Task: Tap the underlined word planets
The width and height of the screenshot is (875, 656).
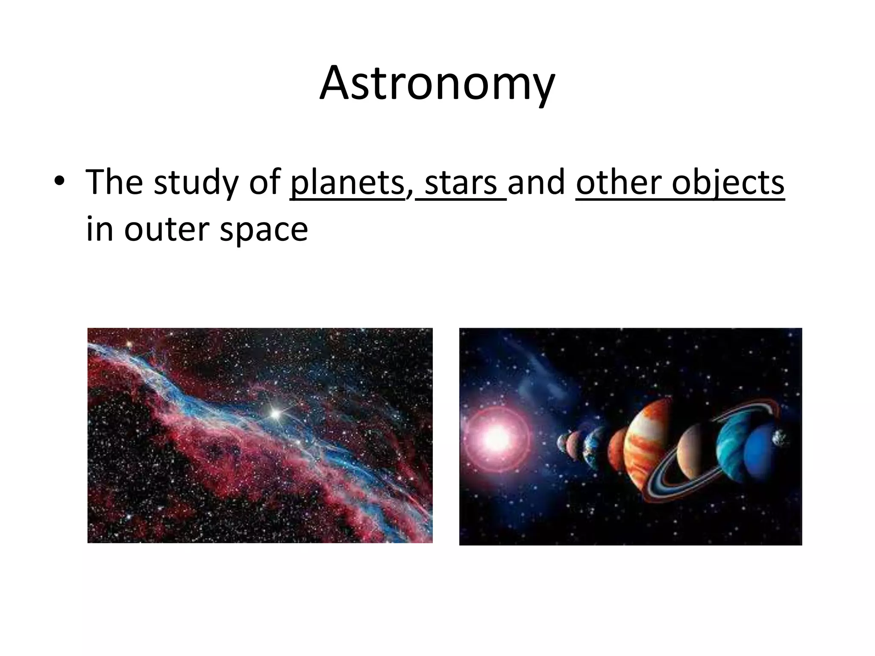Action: [x=346, y=182]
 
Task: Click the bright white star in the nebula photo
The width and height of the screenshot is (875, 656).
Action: [x=276, y=413]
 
